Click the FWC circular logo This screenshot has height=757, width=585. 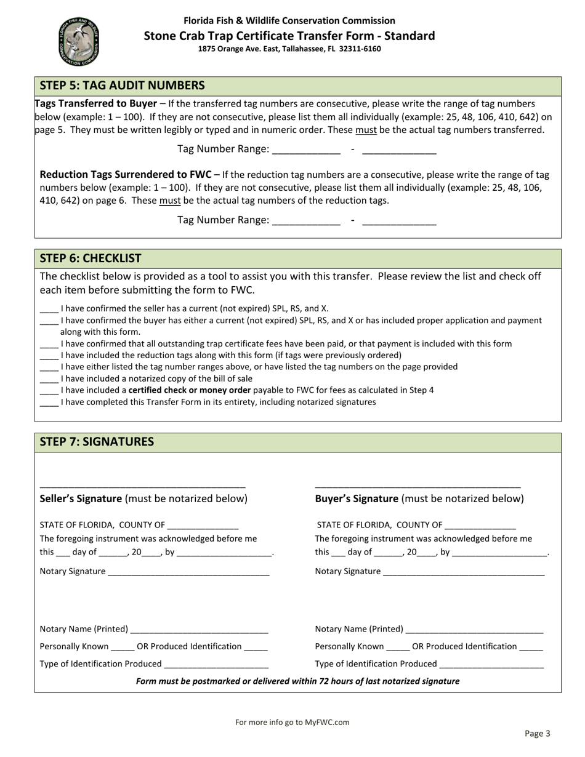(x=78, y=42)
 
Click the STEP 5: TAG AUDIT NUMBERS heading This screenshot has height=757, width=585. (x=122, y=86)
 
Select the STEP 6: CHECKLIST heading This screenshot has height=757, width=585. (x=91, y=258)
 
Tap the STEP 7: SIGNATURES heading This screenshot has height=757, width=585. (x=97, y=442)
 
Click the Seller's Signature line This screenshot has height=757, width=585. (x=142, y=484)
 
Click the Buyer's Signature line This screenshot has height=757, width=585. (x=418, y=484)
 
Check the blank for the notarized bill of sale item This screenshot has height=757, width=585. (x=49, y=379)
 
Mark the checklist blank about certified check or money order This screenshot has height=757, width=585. (x=49, y=391)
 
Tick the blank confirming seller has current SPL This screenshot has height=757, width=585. (x=49, y=309)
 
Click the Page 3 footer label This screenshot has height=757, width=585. (x=537, y=733)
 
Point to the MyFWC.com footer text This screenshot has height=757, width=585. (x=292, y=722)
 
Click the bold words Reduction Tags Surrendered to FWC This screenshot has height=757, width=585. (x=126, y=175)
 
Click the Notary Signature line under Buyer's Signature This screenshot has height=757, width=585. (x=463, y=572)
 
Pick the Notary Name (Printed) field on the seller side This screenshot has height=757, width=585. (x=199, y=630)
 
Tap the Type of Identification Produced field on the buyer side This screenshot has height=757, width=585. (x=491, y=665)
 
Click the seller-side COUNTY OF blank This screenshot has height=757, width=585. (x=202, y=526)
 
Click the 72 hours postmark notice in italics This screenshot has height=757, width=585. (x=297, y=681)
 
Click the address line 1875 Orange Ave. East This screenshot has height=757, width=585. (x=289, y=49)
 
